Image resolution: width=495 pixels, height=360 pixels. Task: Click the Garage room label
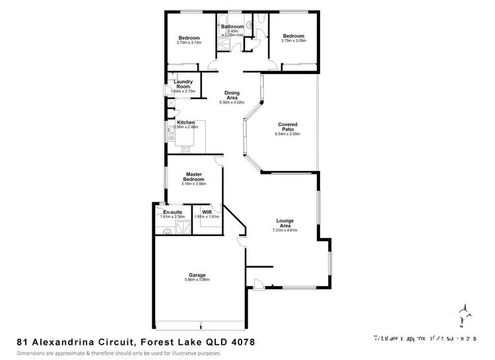197,275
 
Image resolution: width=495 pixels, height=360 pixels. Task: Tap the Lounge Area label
285,223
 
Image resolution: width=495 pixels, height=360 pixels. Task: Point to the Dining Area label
232,95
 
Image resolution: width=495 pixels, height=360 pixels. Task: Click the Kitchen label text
186,123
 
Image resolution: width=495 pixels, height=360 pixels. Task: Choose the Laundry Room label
183,84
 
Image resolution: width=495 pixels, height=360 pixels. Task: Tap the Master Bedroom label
193,177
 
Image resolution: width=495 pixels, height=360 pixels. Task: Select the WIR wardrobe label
207,212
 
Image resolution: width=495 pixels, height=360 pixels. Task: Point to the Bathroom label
232,26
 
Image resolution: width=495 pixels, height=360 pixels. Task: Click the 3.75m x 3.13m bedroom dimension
189,42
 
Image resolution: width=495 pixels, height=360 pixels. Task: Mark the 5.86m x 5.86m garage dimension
197,279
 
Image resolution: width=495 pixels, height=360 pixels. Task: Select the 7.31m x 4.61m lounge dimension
285,231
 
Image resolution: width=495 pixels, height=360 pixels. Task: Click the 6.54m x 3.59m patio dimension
287,134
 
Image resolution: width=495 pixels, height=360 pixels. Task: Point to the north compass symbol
463,314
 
